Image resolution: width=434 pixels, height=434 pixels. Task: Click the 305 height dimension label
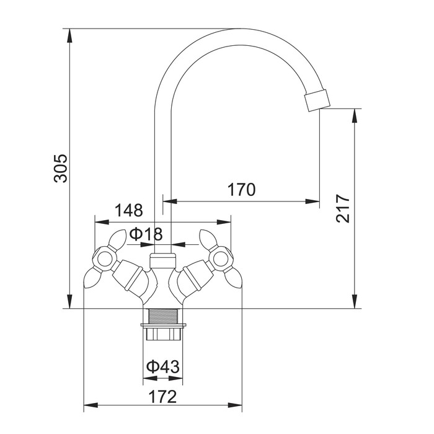pyautogui.click(x=61, y=168)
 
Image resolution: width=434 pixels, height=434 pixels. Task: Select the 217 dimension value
pyautogui.click(x=343, y=208)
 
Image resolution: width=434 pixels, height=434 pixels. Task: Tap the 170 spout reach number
pyautogui.click(x=241, y=190)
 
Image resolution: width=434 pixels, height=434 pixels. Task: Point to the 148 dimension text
pyautogui.click(x=129, y=210)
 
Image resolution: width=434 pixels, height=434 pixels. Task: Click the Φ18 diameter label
pyautogui.click(x=146, y=234)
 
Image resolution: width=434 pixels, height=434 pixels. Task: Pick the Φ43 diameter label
pyautogui.click(x=162, y=367)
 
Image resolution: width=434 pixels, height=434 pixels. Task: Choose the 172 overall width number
pyautogui.click(x=162, y=397)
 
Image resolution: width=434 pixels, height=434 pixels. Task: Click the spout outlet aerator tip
pyautogui.click(x=317, y=100)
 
